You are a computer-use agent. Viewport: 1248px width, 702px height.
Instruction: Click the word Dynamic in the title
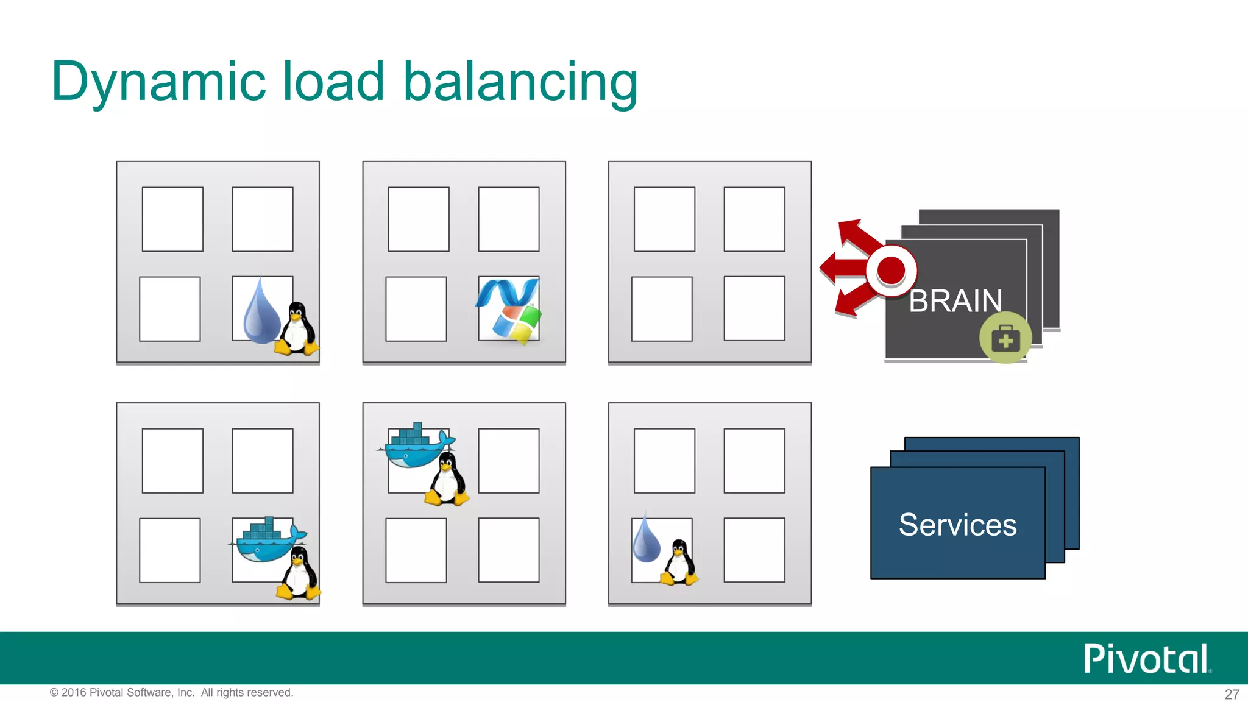pos(158,82)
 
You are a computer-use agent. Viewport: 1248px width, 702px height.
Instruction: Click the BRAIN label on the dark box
pos(955,301)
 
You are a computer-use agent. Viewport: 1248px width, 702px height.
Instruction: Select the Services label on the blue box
pos(957,525)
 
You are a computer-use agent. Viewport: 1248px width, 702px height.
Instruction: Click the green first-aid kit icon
pos(1005,338)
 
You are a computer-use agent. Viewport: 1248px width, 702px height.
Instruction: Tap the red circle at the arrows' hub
pos(892,270)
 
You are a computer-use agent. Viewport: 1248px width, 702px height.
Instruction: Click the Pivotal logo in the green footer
pos(1146,659)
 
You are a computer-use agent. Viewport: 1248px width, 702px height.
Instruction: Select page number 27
pos(1232,694)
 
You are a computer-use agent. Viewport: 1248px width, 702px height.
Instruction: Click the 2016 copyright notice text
pos(171,692)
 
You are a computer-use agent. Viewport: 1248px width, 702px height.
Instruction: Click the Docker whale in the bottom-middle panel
pos(416,447)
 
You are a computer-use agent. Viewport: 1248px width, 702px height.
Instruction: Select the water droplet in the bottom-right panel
pos(646,539)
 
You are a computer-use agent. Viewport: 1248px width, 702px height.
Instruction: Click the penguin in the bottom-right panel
pos(679,563)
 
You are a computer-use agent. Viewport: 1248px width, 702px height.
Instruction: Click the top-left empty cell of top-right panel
pos(664,219)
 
